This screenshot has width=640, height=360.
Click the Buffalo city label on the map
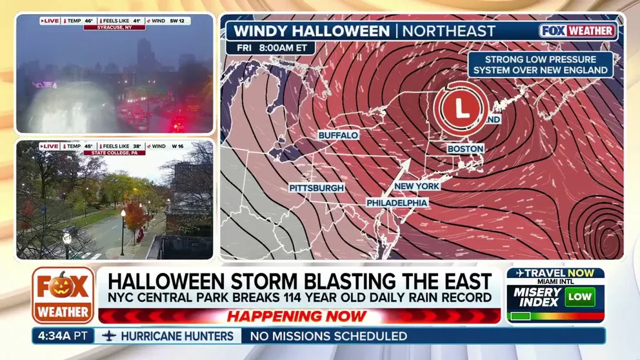[x=338, y=135]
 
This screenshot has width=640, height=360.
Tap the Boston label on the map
[x=465, y=149]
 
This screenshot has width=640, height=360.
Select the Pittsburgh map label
[x=317, y=188]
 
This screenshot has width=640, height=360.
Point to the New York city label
[x=417, y=186]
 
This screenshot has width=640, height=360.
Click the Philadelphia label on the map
[x=397, y=203]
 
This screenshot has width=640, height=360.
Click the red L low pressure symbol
[x=461, y=107]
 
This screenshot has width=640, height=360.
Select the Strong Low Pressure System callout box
[x=540, y=65]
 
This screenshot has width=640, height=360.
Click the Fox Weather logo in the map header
[x=577, y=31]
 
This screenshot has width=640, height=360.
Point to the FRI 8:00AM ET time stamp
[x=270, y=48]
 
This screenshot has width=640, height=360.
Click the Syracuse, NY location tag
[x=114, y=28]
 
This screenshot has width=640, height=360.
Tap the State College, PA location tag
[x=114, y=153]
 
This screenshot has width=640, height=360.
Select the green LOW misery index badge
[x=579, y=297]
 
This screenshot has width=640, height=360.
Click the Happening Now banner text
[x=297, y=317]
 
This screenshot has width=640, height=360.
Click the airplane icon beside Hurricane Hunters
[x=109, y=336]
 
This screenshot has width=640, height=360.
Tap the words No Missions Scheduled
[x=328, y=336]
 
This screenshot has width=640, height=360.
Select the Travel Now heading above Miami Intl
[x=555, y=273]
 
